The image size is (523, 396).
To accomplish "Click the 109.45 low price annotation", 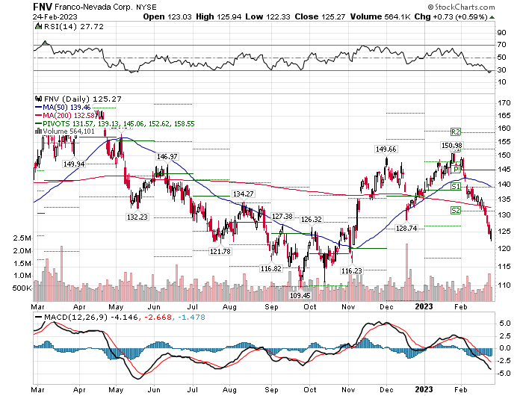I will tap(300, 295).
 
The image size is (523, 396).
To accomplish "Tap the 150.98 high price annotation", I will tap(452, 145).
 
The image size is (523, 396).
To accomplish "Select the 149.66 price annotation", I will tap(385, 149).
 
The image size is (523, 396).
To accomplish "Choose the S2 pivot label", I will tap(454, 211).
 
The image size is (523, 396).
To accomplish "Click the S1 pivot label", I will tap(454, 185).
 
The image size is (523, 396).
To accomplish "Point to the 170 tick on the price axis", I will tap(504, 102).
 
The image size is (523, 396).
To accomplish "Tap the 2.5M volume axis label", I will tap(22, 238).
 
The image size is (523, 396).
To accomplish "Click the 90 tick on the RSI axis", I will tap(503, 33).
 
